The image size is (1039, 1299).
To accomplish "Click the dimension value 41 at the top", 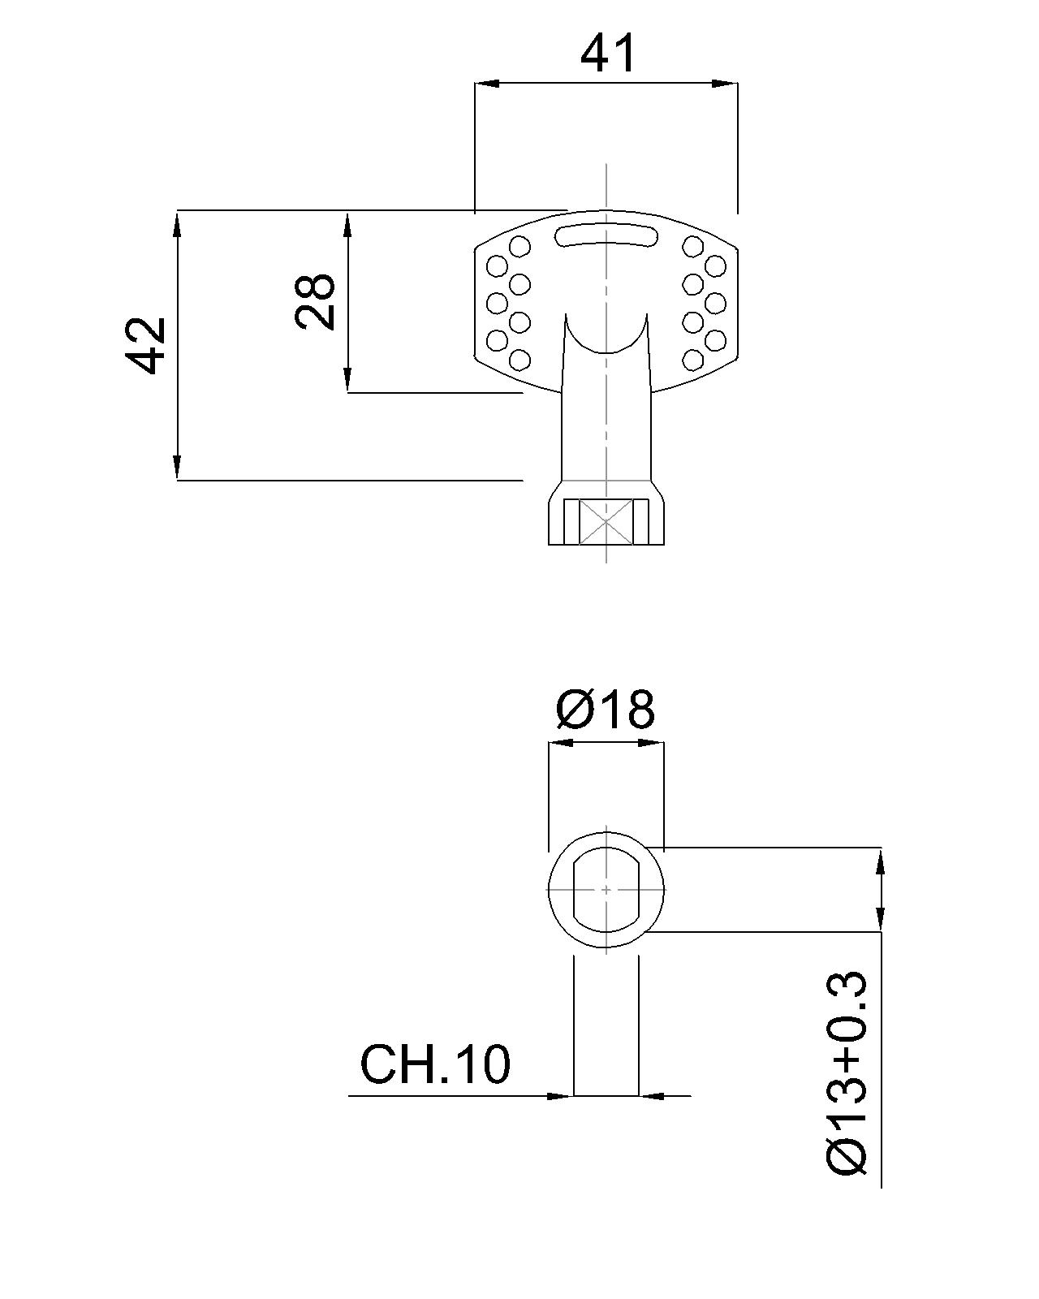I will (x=609, y=54).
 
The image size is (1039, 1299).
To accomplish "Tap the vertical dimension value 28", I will (x=316, y=301).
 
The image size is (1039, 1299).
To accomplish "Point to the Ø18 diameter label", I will (x=606, y=710).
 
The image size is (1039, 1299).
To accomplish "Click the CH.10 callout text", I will (x=435, y=1064).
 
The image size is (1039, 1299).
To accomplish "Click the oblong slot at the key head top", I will (x=606, y=236).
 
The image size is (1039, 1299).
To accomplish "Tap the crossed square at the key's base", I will (x=606, y=521).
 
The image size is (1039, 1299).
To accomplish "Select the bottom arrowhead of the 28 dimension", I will (x=347, y=381).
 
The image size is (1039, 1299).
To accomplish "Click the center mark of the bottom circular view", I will (x=606, y=890).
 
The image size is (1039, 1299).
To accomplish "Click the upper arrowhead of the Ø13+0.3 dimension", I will (x=881, y=861).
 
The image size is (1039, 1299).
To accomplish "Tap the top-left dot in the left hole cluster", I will (x=519, y=245).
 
